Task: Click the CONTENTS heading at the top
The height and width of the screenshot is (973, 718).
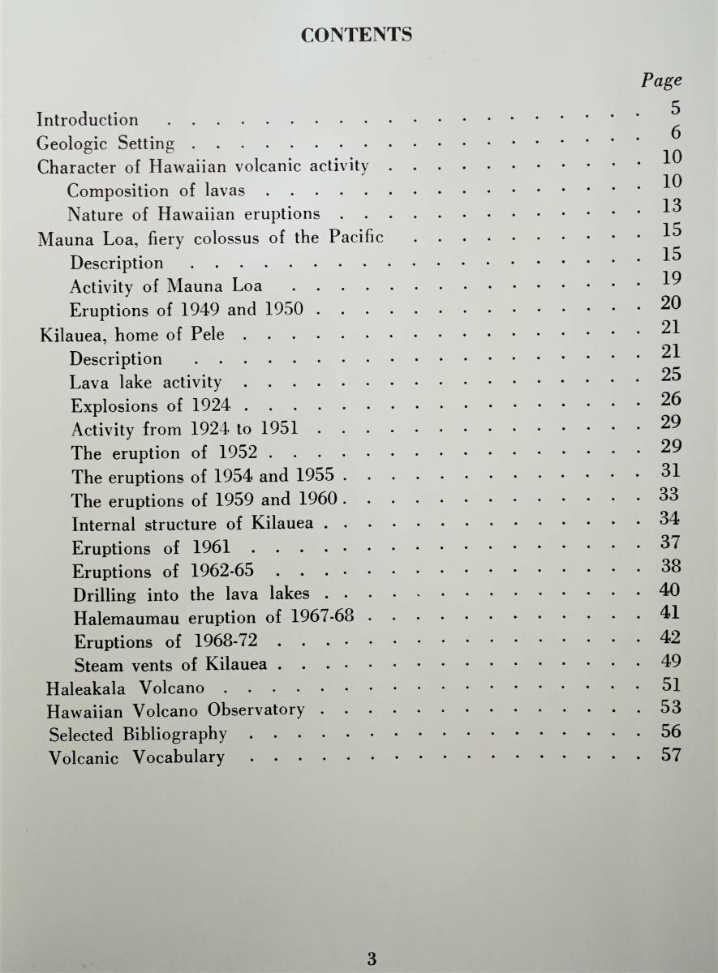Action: point(357,35)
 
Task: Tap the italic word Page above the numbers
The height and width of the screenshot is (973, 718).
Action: point(661,80)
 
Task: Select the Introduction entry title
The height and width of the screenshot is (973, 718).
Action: point(88,119)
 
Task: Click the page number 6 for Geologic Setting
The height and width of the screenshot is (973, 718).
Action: point(675,133)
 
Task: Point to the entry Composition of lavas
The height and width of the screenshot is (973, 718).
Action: point(156,191)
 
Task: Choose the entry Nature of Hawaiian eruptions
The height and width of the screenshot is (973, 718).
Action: point(194,215)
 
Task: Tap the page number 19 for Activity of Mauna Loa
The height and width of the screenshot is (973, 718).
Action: point(672,279)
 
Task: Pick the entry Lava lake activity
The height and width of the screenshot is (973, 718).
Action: point(145,382)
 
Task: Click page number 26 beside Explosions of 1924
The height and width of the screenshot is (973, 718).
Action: point(671,399)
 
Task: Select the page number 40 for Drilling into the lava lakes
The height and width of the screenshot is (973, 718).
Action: point(671,589)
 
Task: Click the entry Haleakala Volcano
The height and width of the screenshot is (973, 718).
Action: point(126,688)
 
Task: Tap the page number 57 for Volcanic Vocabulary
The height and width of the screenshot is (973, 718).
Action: point(671,756)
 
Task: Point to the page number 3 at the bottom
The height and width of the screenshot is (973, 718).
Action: point(372,958)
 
